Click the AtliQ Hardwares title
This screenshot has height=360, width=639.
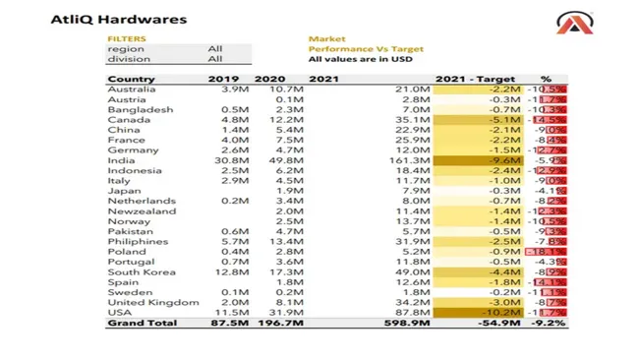[105, 18]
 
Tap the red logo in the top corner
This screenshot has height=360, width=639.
[597, 22]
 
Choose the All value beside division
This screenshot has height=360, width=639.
[215, 59]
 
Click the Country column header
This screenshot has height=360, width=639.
[131, 79]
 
